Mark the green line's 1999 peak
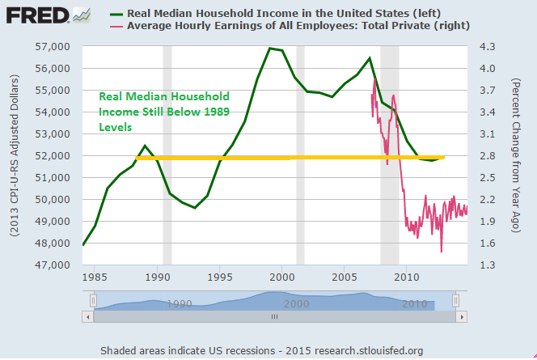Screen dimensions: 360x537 pyautogui.click(x=269, y=49)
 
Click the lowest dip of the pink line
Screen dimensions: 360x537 pyautogui.click(x=442, y=252)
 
